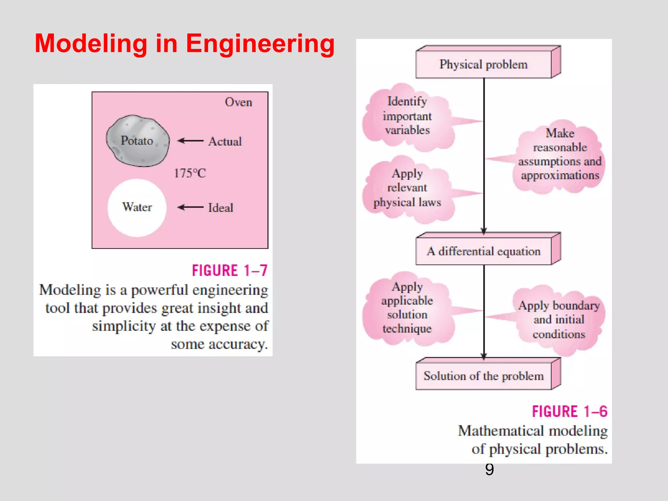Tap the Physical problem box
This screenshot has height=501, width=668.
(483, 65)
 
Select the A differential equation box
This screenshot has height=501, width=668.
(483, 251)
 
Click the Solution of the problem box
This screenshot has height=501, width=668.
(483, 376)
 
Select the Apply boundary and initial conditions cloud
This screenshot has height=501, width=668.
(559, 320)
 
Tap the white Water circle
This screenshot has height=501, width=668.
(137, 207)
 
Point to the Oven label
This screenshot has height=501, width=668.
(238, 102)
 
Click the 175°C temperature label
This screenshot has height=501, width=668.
(190, 173)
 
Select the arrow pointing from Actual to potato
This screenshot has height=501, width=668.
(190, 141)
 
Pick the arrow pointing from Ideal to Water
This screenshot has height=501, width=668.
(190, 207)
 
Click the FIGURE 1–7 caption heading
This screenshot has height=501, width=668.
(230, 271)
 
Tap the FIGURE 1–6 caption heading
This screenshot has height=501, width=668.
(569, 412)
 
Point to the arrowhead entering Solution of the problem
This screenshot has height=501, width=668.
(484, 357)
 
